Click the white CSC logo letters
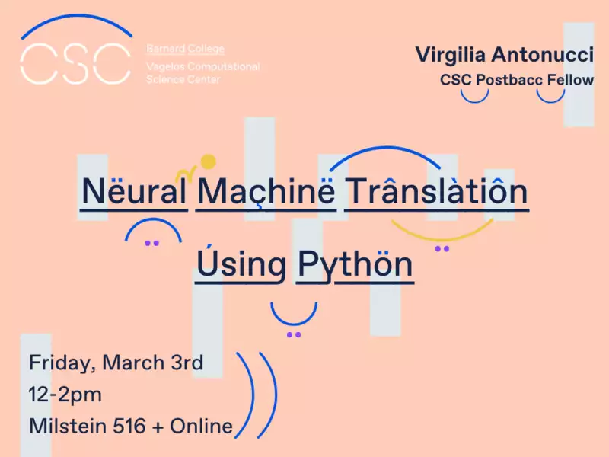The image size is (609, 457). coord(75,64)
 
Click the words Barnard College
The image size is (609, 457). coord(185,49)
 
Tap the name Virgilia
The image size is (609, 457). coord(451,55)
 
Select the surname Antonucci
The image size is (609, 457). coord(542,54)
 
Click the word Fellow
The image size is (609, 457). coord(570,80)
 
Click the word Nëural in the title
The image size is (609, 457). coord(134,191)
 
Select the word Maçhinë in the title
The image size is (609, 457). coord(266,192)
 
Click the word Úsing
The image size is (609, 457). coord(241,263)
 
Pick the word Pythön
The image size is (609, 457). coord(355,264)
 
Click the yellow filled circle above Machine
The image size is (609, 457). coord(209,161)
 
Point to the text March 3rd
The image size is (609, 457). coord(152,363)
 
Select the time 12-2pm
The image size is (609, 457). coord(65,395)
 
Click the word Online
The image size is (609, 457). coord(201,426)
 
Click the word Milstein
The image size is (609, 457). coord(68,426)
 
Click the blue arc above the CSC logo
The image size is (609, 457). coord(77,18)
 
